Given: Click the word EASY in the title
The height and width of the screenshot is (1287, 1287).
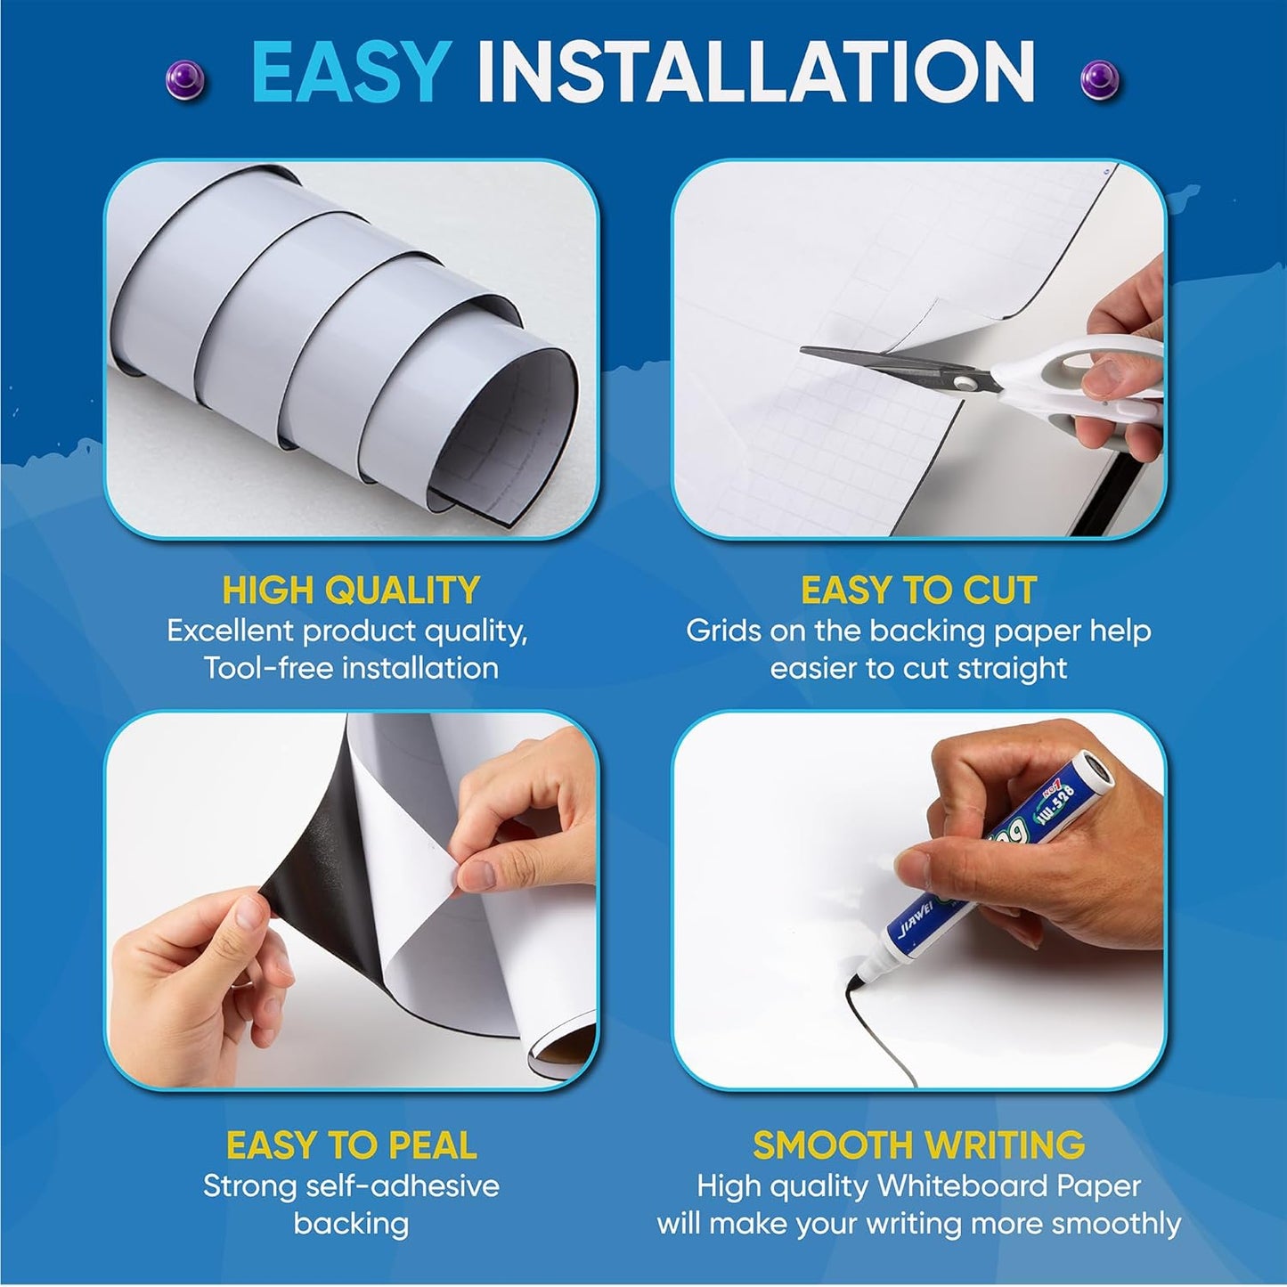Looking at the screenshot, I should tap(349, 71).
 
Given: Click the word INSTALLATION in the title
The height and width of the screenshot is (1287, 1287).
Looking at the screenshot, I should tap(755, 71).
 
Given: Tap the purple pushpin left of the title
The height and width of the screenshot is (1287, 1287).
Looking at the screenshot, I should tap(185, 80).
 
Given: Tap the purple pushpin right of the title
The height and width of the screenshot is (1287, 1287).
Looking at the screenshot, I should tap(1099, 80).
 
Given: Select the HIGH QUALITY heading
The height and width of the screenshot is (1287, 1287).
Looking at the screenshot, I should tap(351, 591).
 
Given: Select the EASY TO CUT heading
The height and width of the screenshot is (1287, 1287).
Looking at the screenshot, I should tap(918, 591).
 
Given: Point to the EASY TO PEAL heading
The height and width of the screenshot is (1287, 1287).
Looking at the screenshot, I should tap(351, 1145).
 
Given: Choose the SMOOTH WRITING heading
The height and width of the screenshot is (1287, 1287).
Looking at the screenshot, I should tap(918, 1145).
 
